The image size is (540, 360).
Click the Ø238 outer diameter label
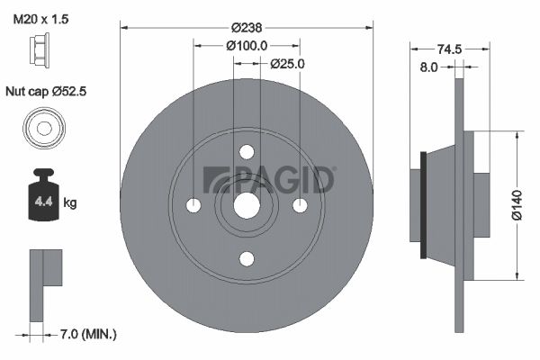(247, 28)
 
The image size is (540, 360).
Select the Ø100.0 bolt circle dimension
(247, 46)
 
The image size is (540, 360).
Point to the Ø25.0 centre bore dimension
(287, 64)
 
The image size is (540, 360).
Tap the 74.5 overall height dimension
(449, 49)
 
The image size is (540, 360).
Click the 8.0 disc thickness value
(428, 67)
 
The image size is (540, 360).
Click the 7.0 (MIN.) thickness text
(88, 334)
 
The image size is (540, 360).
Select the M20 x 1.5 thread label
(40, 19)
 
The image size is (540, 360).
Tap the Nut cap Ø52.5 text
(46, 92)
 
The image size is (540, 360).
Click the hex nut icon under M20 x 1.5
(40, 49)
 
